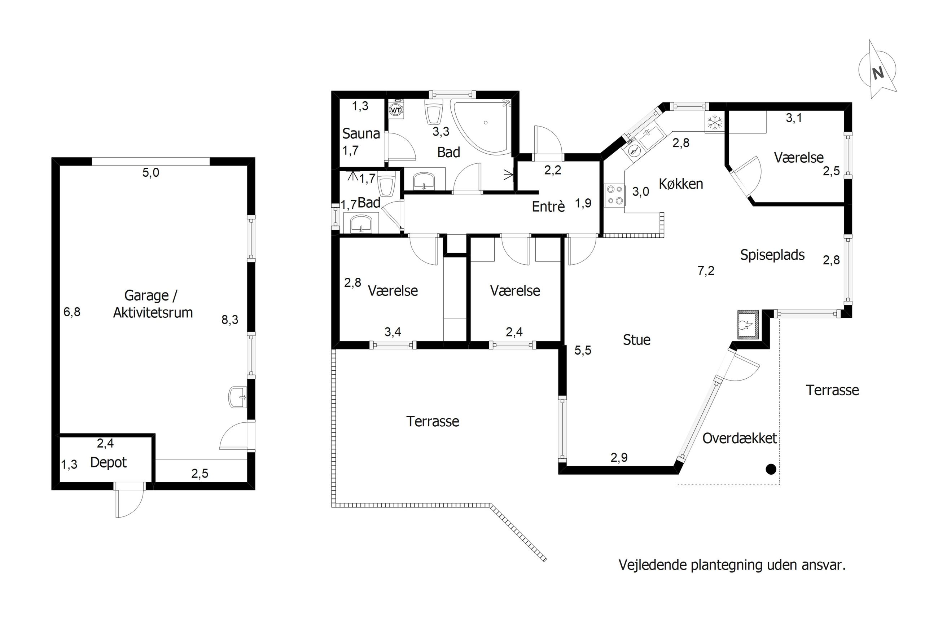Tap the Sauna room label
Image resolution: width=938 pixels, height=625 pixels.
click(x=361, y=133)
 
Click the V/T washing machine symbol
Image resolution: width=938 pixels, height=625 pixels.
click(x=396, y=109)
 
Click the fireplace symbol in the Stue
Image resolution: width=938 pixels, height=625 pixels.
click(x=747, y=325)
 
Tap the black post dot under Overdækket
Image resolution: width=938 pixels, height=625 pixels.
click(x=771, y=469)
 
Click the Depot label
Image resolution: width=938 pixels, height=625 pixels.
click(x=109, y=462)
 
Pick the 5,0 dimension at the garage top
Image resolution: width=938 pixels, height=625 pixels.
click(x=151, y=173)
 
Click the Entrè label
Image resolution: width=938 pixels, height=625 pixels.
click(x=548, y=207)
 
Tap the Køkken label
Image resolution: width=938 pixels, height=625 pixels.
click(x=680, y=184)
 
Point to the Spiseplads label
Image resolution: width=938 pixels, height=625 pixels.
click(x=772, y=255)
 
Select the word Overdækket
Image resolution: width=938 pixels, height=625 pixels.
click(x=740, y=439)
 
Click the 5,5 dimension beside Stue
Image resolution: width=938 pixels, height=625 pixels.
click(x=582, y=350)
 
